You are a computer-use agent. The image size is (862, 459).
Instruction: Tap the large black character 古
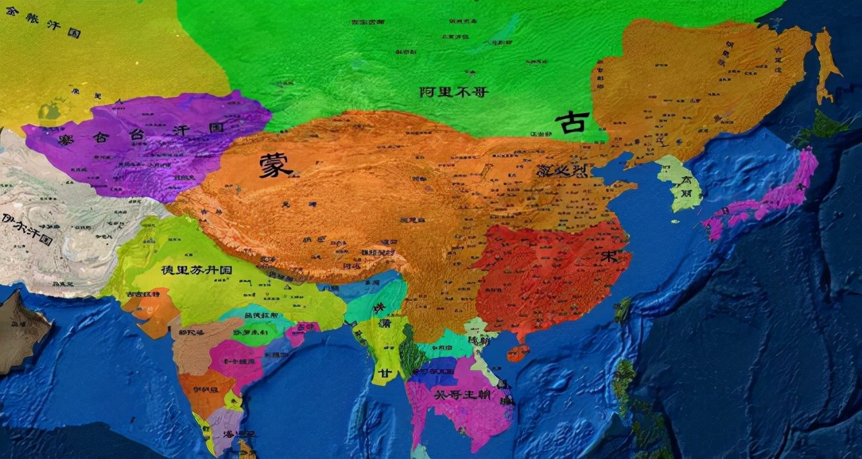pos(572,123)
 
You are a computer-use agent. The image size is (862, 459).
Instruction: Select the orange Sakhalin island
pos(826,64)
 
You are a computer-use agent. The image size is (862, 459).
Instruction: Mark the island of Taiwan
pos(622,310)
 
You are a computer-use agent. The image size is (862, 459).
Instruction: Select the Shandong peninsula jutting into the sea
pos(620,188)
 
